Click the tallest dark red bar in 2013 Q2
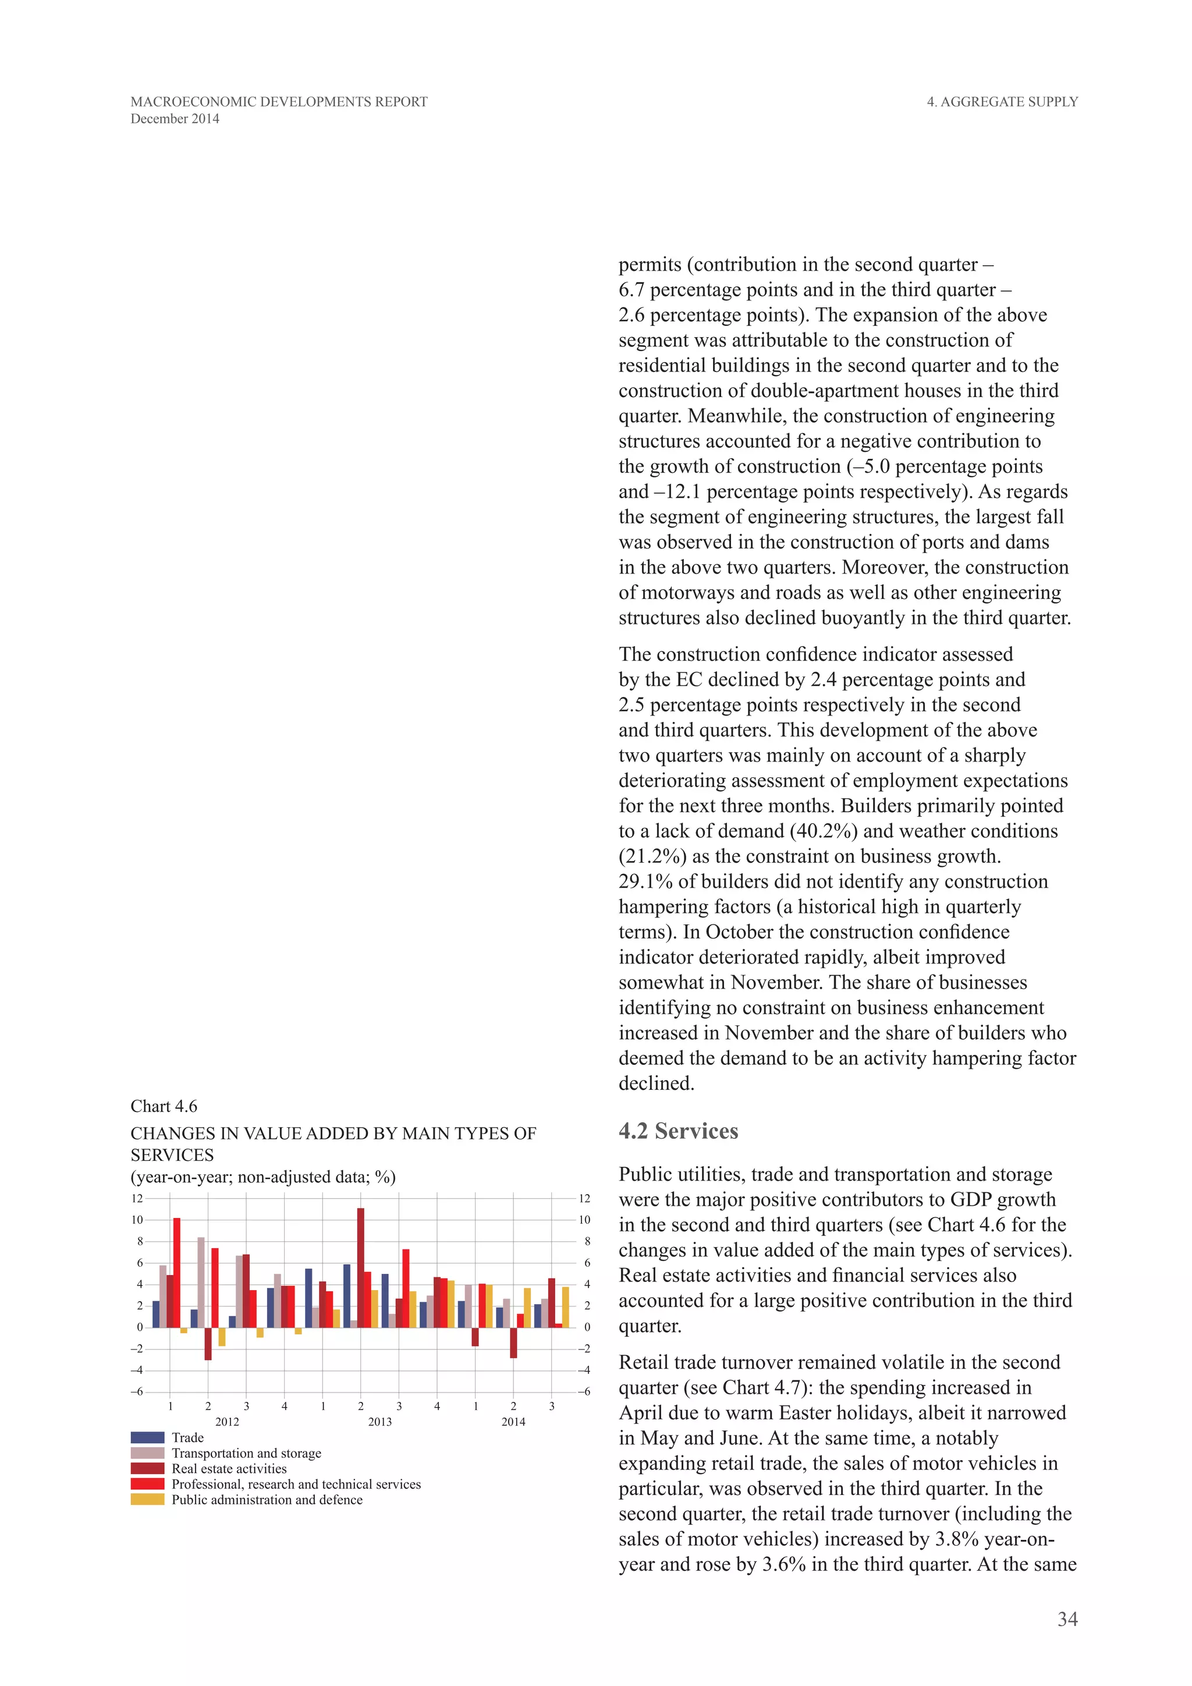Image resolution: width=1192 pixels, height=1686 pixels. point(360,1267)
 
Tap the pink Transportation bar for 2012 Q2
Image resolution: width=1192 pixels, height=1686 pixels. point(201,1282)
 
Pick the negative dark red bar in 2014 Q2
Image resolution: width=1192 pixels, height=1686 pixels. point(513,1343)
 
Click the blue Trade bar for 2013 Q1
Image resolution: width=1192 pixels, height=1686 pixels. point(308,1298)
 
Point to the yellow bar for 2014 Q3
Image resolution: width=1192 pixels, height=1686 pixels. point(565,1307)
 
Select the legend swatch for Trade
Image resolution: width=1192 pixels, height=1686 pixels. point(147,1437)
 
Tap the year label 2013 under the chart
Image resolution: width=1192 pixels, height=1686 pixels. point(379,1422)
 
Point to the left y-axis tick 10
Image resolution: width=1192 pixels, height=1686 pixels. point(137,1220)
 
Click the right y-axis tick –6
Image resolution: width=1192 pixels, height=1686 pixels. point(584,1391)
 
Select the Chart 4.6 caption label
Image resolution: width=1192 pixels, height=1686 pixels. point(164,1106)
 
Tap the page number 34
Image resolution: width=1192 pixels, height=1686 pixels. point(1067,1619)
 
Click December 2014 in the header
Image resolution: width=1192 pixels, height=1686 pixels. point(175,119)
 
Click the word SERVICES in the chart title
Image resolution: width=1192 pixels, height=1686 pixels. point(172,1155)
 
